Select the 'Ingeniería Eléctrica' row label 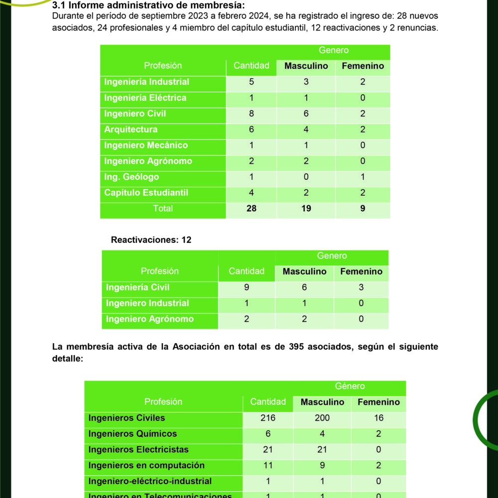(145, 98)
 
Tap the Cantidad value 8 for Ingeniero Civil (251, 114)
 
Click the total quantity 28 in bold (251, 209)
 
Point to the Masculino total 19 (306, 209)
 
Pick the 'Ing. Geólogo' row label (131, 177)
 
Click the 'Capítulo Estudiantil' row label (146, 193)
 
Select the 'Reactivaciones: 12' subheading (151, 240)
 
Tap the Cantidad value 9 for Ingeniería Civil (247, 287)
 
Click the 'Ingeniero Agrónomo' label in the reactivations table (150, 319)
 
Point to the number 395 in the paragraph (297, 347)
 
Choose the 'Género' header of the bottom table (350, 386)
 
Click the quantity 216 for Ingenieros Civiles (268, 418)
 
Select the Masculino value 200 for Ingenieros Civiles (322, 418)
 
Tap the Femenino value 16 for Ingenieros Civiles (378, 418)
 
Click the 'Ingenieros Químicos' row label (132, 434)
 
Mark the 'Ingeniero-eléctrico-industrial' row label (150, 481)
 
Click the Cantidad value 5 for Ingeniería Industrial (251, 82)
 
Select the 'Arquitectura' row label (131, 129)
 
